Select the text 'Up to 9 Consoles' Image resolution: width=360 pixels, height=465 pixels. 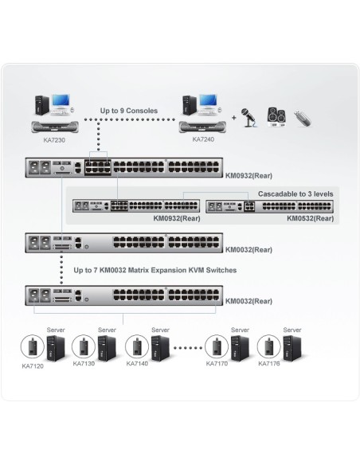(129, 111)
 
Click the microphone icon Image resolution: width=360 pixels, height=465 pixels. (250, 117)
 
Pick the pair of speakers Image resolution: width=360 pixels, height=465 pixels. (276, 116)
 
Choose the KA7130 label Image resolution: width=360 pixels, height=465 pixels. (84, 364)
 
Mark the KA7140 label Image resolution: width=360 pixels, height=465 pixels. (138, 364)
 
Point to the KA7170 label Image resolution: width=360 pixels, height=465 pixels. (217, 364)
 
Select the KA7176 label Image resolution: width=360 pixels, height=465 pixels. (271, 364)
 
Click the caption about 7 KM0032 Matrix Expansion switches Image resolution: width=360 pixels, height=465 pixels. (155, 271)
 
